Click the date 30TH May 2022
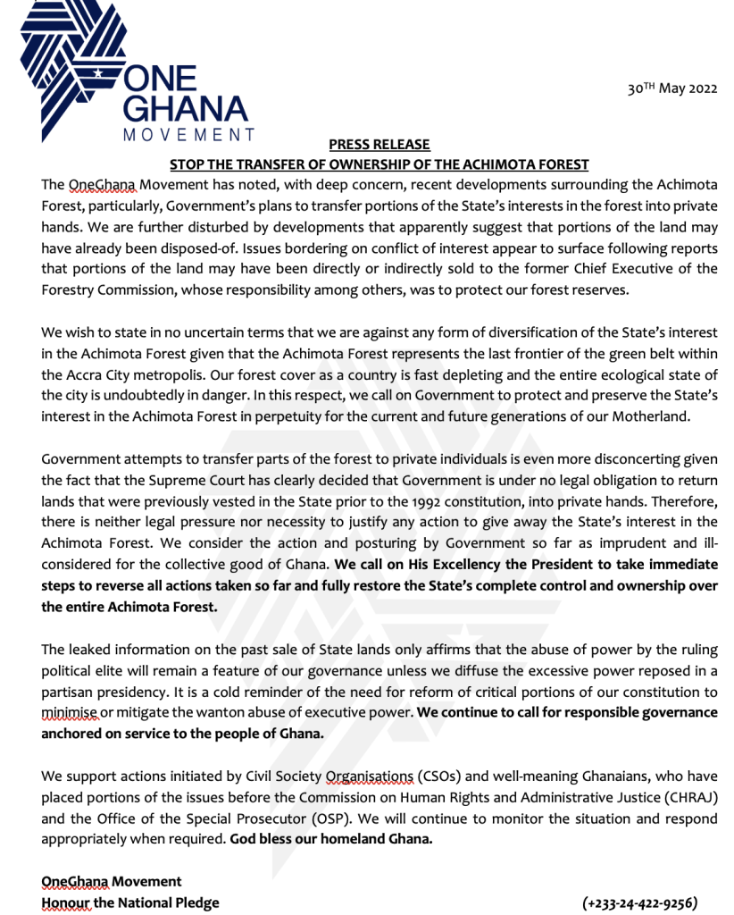[672, 89]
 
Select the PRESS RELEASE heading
[379, 145]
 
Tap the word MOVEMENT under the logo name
[188, 135]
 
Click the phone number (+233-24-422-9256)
[639, 902]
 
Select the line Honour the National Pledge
[130, 902]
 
